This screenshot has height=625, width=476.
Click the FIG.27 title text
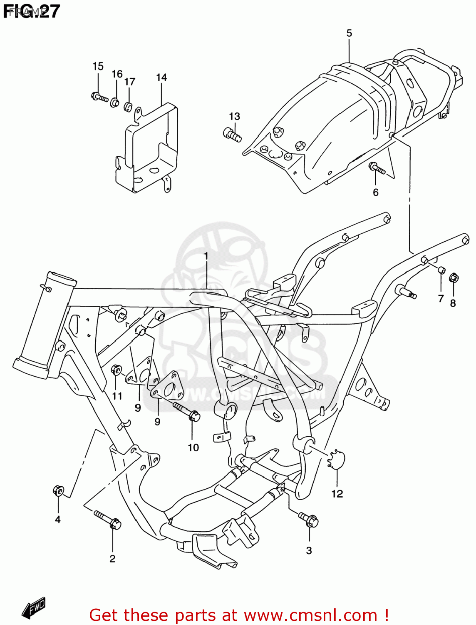click(32, 11)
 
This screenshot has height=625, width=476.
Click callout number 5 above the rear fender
click(349, 33)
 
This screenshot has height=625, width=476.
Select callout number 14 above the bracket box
click(161, 77)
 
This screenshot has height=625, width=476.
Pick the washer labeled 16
click(115, 102)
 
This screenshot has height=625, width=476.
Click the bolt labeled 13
click(232, 134)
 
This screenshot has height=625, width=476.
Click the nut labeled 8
click(454, 277)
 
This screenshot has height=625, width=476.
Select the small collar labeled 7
click(441, 270)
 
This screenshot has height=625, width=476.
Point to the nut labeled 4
click(58, 490)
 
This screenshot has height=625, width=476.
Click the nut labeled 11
click(117, 370)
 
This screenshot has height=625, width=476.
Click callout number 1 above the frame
click(206, 255)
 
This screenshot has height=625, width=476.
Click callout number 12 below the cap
click(337, 494)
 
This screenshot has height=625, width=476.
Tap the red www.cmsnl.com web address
click(310, 615)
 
